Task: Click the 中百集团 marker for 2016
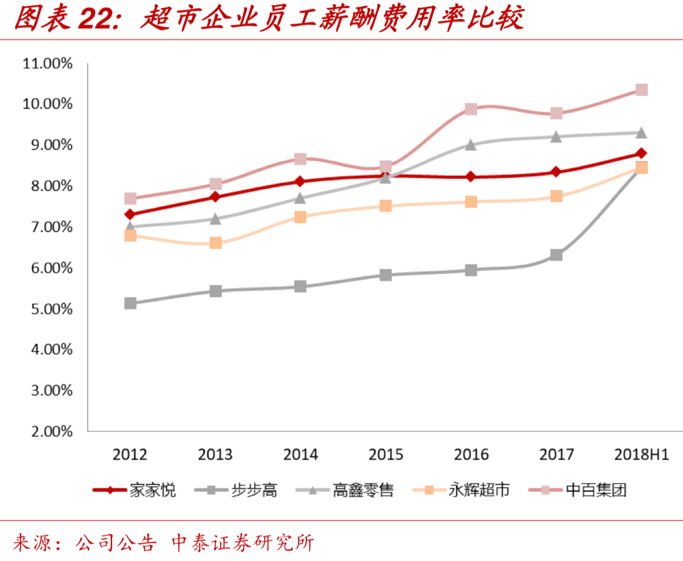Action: pos(471,109)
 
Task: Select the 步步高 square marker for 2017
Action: pos(556,255)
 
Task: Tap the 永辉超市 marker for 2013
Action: pos(215,242)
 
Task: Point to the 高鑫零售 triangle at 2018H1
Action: pos(641,133)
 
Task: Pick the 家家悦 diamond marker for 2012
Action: pos(130,214)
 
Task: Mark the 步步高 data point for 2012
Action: pos(130,303)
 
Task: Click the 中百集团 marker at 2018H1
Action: pos(641,90)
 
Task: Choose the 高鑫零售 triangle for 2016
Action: pos(471,144)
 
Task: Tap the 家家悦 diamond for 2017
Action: pos(556,172)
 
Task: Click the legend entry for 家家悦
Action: pos(134,490)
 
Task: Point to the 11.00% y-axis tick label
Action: pos(48,63)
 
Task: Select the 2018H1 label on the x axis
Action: pos(641,455)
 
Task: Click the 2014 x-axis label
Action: pos(300,455)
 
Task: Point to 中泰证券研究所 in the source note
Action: pos(242,542)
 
